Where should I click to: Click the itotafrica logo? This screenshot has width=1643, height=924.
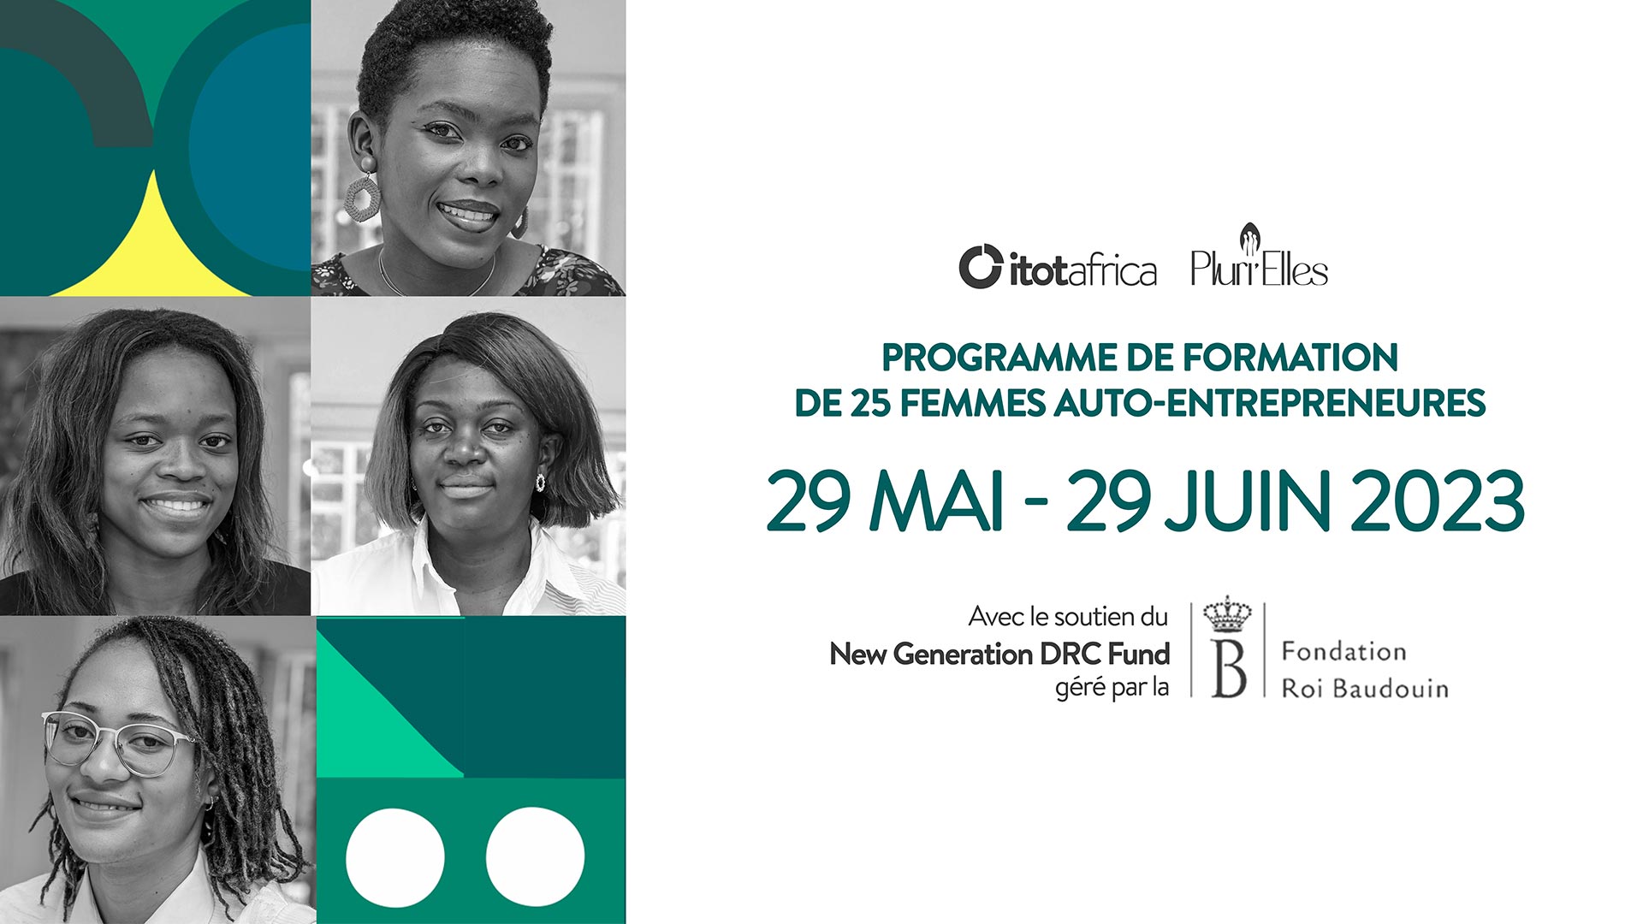1058,267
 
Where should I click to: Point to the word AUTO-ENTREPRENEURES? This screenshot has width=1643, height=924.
1270,403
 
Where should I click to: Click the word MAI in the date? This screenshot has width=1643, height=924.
936,501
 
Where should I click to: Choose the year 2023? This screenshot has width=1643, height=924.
1438,501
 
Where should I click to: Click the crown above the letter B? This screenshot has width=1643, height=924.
1227,613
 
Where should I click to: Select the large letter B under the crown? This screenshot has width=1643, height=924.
1228,668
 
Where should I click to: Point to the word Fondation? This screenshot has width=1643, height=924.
1343,652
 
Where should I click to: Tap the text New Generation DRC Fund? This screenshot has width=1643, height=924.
999,654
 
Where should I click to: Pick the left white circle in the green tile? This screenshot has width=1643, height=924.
395,857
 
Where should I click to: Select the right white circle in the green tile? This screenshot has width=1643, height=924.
536,857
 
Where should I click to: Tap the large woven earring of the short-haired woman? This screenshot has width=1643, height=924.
361,198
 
